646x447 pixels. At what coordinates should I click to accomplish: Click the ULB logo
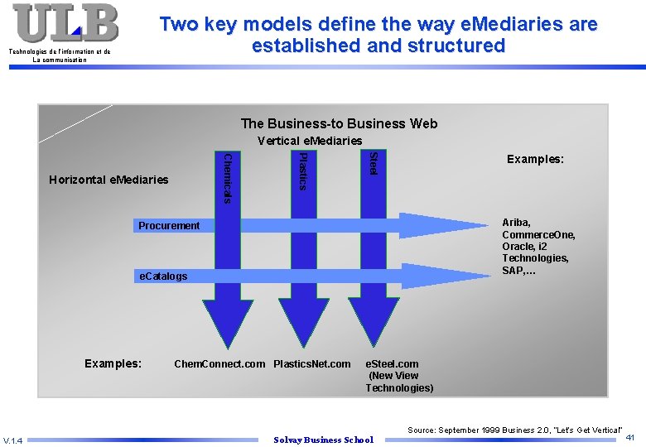65,23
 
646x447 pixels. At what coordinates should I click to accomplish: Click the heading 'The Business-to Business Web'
339,123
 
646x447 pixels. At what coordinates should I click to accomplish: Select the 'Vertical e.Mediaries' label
310,141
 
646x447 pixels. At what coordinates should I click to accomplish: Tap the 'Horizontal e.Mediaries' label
108,180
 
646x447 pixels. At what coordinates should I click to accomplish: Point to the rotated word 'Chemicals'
229,176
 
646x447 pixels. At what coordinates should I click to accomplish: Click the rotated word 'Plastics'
303,171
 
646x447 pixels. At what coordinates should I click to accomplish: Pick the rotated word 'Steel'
374,162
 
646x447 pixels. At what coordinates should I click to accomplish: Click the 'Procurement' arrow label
169,225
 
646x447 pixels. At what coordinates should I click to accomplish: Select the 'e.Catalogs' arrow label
162,276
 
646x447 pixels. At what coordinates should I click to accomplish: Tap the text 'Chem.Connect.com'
219,363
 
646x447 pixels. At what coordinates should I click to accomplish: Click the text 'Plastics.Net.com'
312,363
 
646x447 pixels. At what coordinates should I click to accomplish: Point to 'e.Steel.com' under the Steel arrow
393,363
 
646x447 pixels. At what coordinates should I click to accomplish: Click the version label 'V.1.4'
13,440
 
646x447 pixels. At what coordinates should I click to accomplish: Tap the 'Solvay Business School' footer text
323,440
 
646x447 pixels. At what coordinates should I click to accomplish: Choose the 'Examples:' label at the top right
535,158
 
